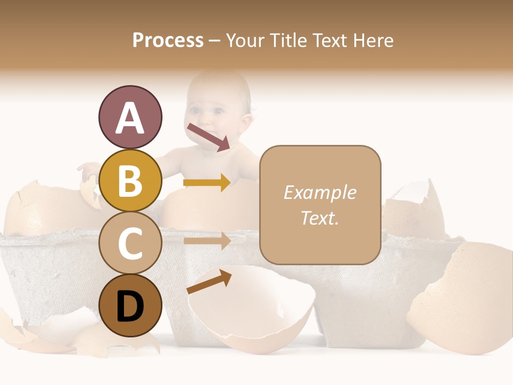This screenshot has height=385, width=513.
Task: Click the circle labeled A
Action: (x=130, y=118)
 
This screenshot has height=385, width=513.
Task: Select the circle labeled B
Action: (x=130, y=181)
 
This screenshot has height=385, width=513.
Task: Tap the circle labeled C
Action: (x=130, y=243)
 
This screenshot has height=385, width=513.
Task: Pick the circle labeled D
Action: (x=130, y=306)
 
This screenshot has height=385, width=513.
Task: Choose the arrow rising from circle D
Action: (x=209, y=282)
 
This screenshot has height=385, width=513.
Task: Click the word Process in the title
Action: (x=168, y=40)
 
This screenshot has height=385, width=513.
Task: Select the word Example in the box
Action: (x=320, y=192)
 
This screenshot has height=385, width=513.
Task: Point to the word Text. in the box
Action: (x=320, y=218)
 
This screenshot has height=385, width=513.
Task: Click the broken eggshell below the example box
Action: (x=251, y=310)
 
